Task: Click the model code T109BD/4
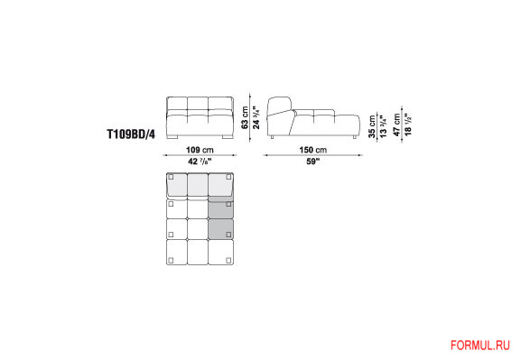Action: pos(131,134)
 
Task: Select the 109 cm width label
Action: pos(200,150)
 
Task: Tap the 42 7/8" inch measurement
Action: pos(200,162)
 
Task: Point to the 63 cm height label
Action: pos(245,117)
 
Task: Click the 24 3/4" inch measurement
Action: pos(256,117)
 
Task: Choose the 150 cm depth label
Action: pos(313,150)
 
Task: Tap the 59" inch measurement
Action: pos(312,162)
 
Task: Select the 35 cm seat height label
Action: pos(372,126)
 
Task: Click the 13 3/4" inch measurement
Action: pos(383,126)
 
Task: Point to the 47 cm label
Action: pos(396,125)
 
